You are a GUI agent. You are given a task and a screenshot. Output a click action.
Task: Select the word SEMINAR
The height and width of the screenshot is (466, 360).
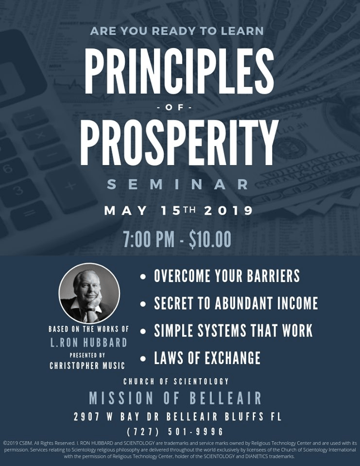click(x=178, y=184)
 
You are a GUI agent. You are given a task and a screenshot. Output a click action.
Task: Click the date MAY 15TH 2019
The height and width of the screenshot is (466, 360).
click(x=178, y=211)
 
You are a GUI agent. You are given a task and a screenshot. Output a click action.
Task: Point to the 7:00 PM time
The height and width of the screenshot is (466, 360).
click(x=149, y=239)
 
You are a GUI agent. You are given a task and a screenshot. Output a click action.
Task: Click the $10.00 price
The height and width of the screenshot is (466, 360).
click(x=210, y=239)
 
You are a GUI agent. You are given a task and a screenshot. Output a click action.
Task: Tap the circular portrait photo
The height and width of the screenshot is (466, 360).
click(x=89, y=293)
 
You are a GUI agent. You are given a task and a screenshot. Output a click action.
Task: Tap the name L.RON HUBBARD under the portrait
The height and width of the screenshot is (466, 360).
click(x=88, y=343)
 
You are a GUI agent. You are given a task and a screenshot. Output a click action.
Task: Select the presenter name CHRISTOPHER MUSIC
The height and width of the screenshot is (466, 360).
click(x=87, y=366)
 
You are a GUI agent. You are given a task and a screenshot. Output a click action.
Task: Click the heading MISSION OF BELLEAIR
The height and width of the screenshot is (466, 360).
click(x=175, y=398)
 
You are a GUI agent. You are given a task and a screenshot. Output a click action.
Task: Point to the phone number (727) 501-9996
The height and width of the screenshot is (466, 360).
click(x=175, y=431)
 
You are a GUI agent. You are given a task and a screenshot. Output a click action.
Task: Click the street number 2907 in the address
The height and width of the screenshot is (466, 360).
click(x=86, y=416)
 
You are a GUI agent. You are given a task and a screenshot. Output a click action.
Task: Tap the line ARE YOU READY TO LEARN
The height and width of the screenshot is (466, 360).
click(x=177, y=31)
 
